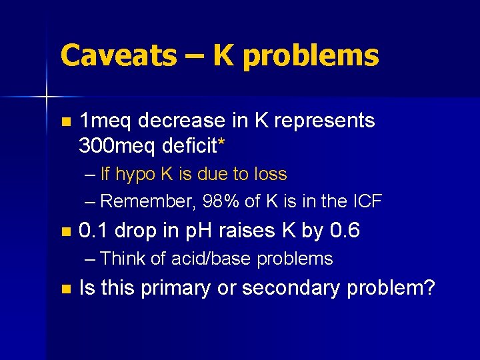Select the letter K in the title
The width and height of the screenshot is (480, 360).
225,55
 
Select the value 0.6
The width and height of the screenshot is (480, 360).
345,231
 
